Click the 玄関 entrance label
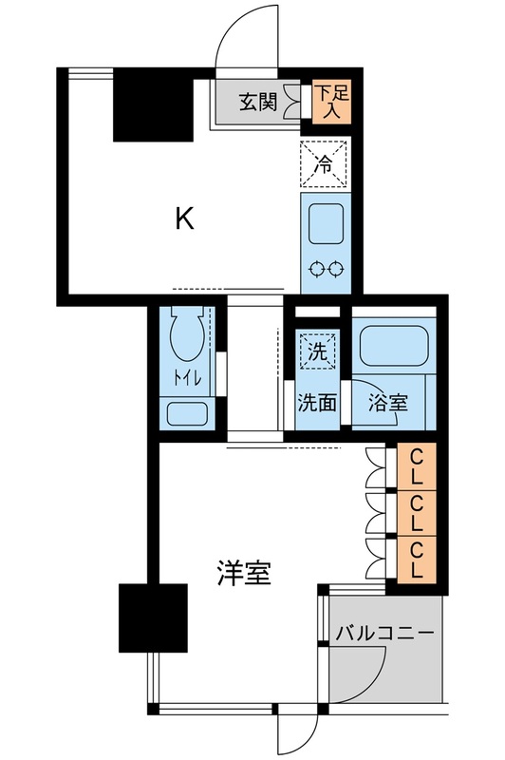coord(257,102)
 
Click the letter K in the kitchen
coord(184,220)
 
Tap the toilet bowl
coord(187,343)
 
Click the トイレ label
coord(186,377)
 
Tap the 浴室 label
coord(387,401)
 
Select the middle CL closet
coord(417,514)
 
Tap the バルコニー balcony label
coord(383,632)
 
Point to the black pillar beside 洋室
coord(153,617)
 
